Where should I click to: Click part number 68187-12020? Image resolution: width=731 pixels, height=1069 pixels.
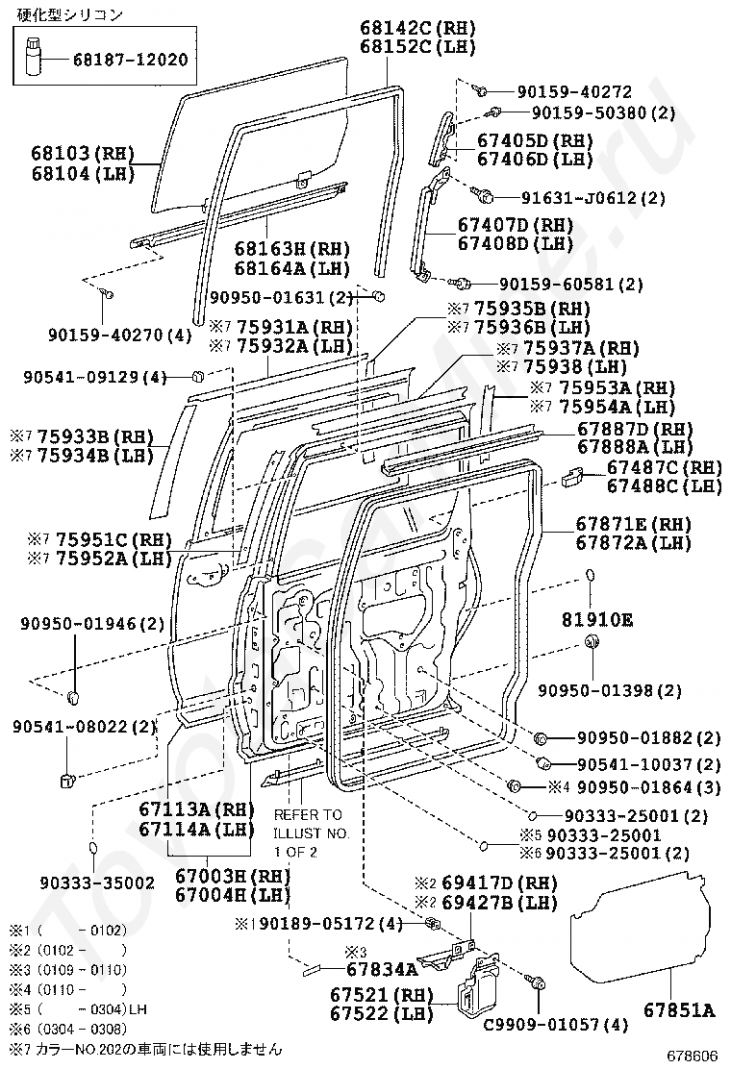tap(130, 60)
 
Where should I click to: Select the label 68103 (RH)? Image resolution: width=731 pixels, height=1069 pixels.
tap(83, 154)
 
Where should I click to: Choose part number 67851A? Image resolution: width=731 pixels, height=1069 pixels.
tap(679, 1010)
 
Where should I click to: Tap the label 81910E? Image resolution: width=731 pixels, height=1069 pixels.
tap(597, 620)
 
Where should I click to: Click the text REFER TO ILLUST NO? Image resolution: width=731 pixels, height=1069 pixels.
tap(311, 824)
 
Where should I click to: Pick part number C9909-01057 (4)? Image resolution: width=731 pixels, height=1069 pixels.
tap(555, 1024)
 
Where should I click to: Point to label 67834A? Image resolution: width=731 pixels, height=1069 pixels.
tap(382, 969)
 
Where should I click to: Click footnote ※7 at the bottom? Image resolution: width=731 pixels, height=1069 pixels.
tap(145, 1049)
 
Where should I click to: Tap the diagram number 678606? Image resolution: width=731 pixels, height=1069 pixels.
tap(693, 1057)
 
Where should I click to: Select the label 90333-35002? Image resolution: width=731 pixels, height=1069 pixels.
tap(97, 883)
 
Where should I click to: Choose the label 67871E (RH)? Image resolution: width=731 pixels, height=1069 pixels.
tap(634, 524)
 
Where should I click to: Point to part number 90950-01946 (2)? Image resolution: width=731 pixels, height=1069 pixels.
tap(92, 623)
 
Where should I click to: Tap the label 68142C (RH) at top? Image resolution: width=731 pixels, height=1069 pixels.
tap(418, 28)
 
